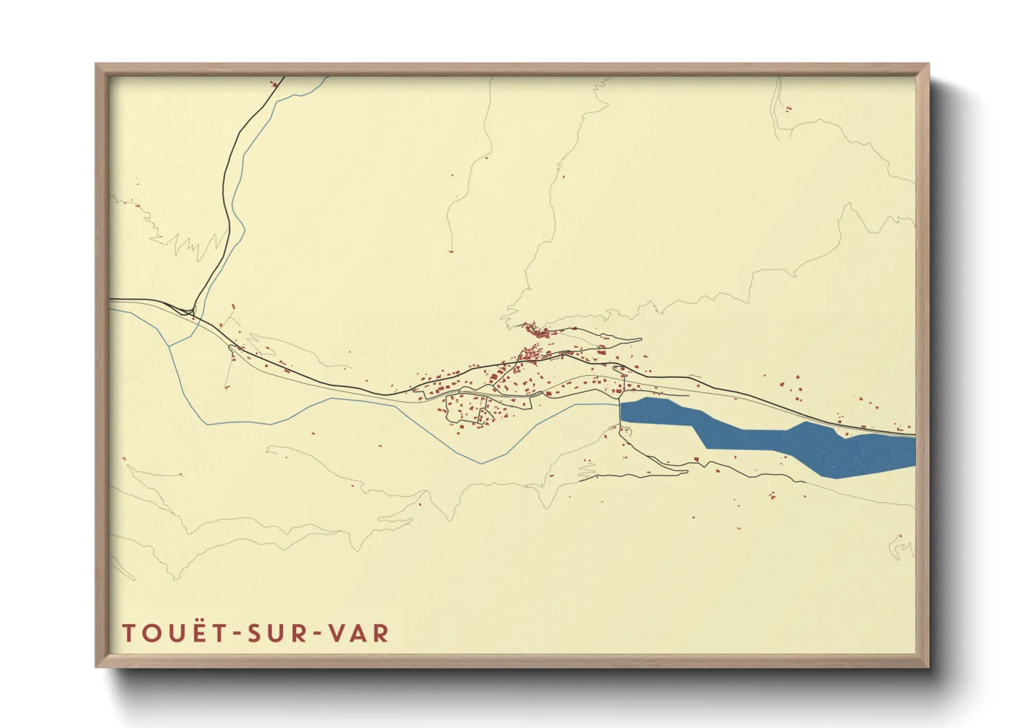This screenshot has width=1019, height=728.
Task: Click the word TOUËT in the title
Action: click(x=174, y=633)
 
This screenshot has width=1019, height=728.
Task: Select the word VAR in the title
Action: click(x=359, y=633)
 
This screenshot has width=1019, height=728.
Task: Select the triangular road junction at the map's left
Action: click(x=187, y=310)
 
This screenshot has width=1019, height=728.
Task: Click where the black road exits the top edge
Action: click(x=283, y=77)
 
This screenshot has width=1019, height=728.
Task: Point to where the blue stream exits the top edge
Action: click(x=326, y=77)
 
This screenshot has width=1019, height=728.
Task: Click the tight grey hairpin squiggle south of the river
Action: click(x=586, y=471)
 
